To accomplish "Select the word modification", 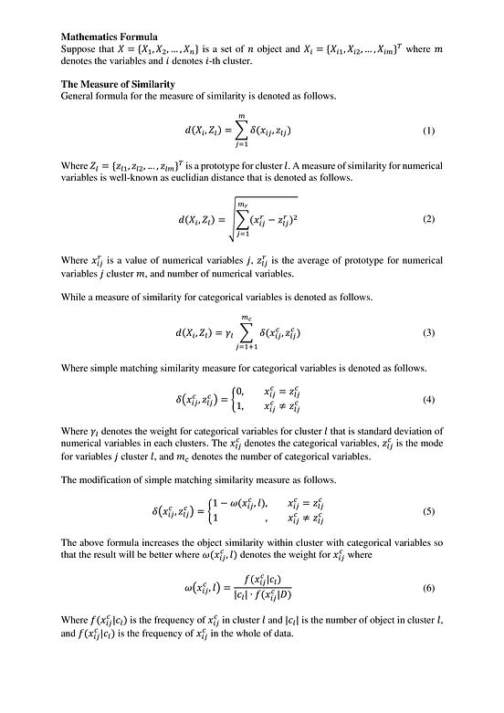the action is coord(107,479).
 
